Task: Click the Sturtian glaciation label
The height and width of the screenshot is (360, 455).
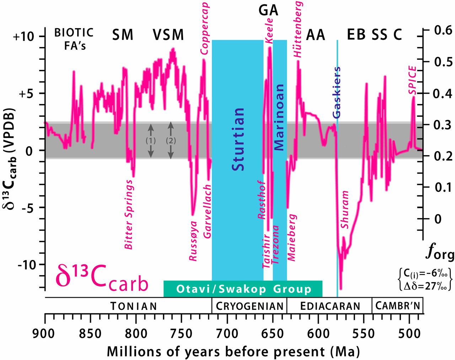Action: [x=238, y=139]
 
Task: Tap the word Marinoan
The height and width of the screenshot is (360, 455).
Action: [x=279, y=117]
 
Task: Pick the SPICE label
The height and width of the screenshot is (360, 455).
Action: [x=412, y=80]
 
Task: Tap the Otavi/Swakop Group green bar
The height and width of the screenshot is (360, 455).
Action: [x=243, y=289]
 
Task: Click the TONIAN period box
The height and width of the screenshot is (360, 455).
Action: [x=133, y=306]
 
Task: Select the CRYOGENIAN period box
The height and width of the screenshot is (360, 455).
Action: [x=250, y=306]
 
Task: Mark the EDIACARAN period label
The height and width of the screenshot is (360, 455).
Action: [x=330, y=306]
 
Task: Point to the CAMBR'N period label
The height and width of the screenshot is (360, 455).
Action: [x=397, y=306]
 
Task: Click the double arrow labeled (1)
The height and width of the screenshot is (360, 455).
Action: [x=151, y=141]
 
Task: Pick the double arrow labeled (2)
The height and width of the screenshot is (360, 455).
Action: [x=171, y=140]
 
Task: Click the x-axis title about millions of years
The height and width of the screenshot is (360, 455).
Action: [x=233, y=351]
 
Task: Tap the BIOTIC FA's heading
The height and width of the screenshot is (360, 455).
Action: [x=74, y=39]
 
